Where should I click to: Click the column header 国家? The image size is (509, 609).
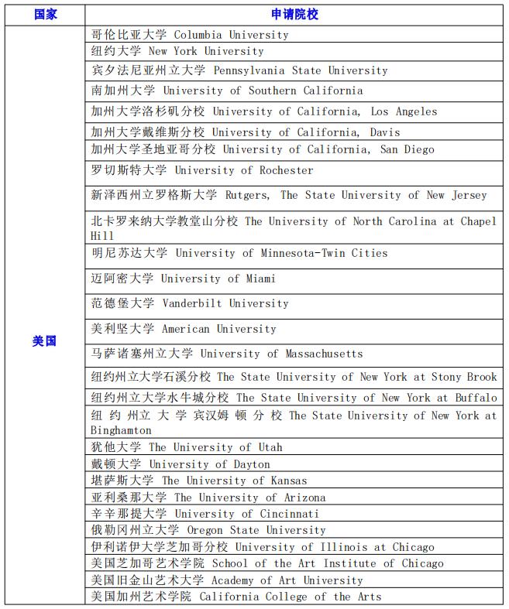pos(45,15)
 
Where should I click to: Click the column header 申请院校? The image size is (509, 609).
pos(294,15)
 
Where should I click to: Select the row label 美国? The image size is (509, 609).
pos(45,340)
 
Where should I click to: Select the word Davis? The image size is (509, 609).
pos(385,132)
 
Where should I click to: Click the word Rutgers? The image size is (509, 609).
pos(247,195)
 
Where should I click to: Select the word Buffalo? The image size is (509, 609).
pos(476,398)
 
